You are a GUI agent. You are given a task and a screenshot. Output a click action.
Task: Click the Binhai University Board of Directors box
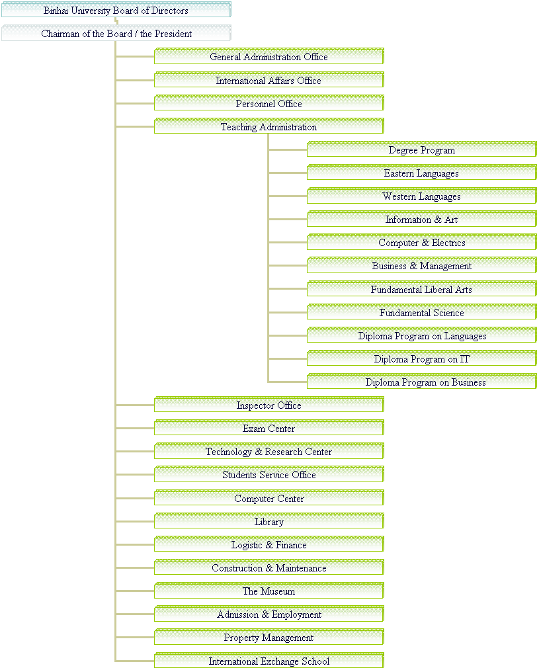coord(116,10)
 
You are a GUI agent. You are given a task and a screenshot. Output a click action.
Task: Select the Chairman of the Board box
coord(116,33)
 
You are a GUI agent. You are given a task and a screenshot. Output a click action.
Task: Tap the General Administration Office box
coord(269,56)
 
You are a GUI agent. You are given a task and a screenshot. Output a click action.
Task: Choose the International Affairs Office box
coord(269,80)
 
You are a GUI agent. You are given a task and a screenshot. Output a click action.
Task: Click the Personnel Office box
coord(269,103)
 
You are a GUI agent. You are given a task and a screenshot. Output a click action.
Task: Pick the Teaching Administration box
coord(269,126)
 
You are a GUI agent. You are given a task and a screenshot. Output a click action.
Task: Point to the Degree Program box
coord(421,149)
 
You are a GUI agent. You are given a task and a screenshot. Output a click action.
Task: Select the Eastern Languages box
coord(421,173)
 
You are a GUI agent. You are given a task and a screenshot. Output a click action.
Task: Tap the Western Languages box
coord(421,196)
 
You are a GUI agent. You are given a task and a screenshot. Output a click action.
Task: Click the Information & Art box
coord(421,219)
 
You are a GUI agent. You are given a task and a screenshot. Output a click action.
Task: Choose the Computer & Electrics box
coord(421,242)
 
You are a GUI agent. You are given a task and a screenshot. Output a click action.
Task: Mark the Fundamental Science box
coord(421,312)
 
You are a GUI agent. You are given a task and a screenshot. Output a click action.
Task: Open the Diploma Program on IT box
coord(421,358)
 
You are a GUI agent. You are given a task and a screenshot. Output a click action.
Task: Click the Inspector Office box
coord(269,405)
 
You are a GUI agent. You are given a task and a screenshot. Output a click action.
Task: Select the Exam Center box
coord(269,428)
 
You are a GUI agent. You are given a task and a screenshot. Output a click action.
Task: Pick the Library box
coord(269,521)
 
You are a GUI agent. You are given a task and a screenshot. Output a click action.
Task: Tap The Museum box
coord(269,591)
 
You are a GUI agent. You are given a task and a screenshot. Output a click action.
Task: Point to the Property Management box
coord(269,637)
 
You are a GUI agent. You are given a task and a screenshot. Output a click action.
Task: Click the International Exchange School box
coord(269,660)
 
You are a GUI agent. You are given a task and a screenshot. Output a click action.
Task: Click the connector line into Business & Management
coord(288,266)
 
